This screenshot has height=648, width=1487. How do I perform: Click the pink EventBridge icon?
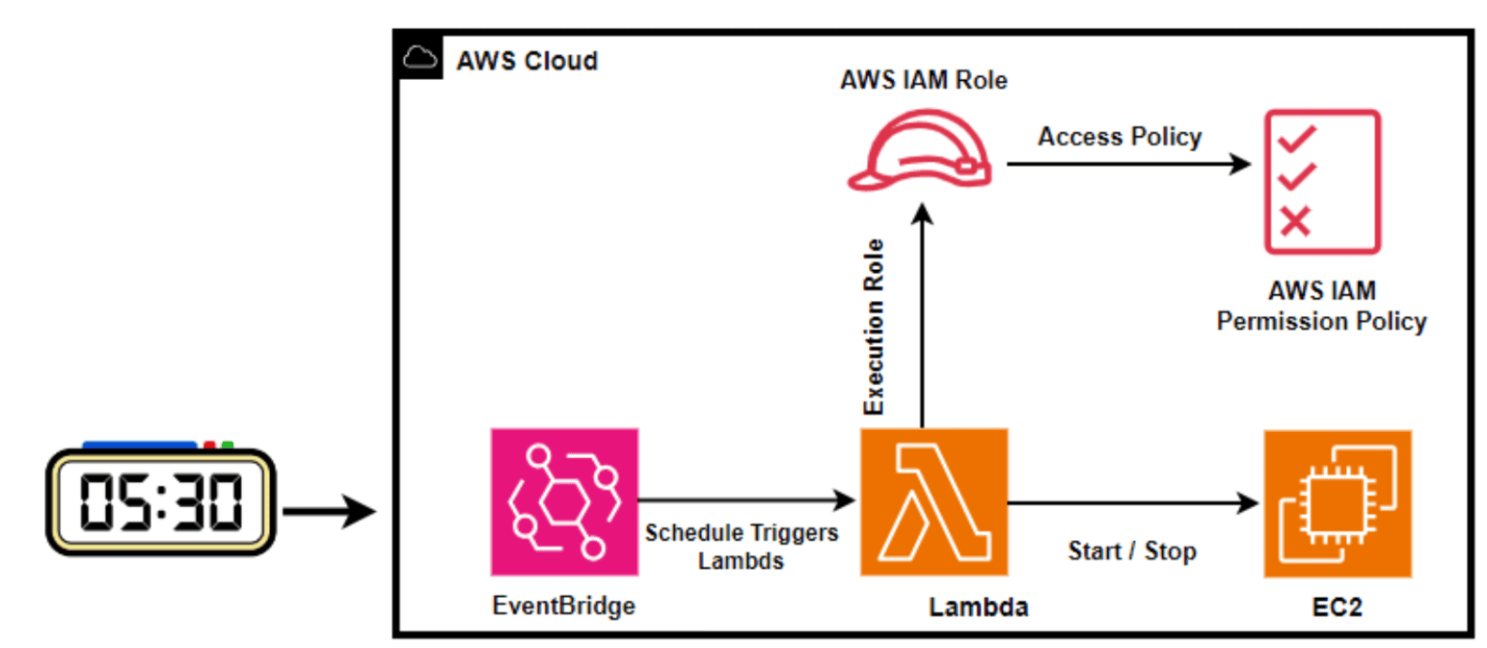(x=564, y=502)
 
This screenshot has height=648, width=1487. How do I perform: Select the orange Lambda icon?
(x=933, y=502)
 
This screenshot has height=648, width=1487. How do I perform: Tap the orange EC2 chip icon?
(x=1337, y=502)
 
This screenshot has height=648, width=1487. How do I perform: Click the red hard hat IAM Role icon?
(x=919, y=149)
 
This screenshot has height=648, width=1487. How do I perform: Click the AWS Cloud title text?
(x=527, y=62)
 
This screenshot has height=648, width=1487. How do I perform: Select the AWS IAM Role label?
(x=923, y=80)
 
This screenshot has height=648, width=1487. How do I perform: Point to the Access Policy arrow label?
(x=1120, y=137)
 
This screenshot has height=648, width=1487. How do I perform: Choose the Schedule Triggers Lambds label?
(x=741, y=546)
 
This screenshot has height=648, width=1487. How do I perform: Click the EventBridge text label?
(x=564, y=606)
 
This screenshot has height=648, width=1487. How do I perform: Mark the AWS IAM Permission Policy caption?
(x=1321, y=307)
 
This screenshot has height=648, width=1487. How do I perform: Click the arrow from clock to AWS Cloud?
(x=328, y=511)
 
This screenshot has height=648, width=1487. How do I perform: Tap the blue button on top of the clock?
(x=140, y=445)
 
